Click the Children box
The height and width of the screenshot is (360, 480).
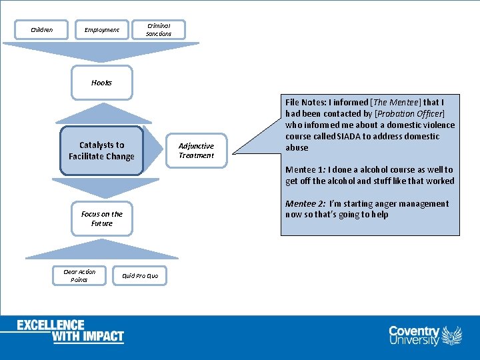pyautogui.click(x=41, y=29)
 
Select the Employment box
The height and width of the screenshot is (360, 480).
pyautogui.click(x=101, y=29)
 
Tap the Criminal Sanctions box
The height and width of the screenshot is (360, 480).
pyautogui.click(x=159, y=29)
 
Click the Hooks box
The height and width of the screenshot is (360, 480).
pyautogui.click(x=101, y=83)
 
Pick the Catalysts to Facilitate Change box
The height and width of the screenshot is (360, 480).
pyautogui.click(x=101, y=151)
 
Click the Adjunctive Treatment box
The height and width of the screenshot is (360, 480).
pyautogui.click(x=196, y=151)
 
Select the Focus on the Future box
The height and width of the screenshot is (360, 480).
pyautogui.click(x=101, y=219)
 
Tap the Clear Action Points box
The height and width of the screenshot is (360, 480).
pyautogui.click(x=79, y=275)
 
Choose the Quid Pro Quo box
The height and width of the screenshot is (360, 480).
pyautogui.click(x=140, y=275)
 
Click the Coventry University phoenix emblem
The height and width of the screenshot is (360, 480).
pyautogui.click(x=452, y=335)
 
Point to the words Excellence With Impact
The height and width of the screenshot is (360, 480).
pyautogui.click(x=70, y=331)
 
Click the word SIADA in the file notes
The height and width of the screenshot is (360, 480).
pyautogui.click(x=351, y=137)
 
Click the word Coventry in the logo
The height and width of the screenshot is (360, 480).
pyautogui.click(x=414, y=331)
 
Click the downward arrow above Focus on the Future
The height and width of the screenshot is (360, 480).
pyautogui.click(x=101, y=187)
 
